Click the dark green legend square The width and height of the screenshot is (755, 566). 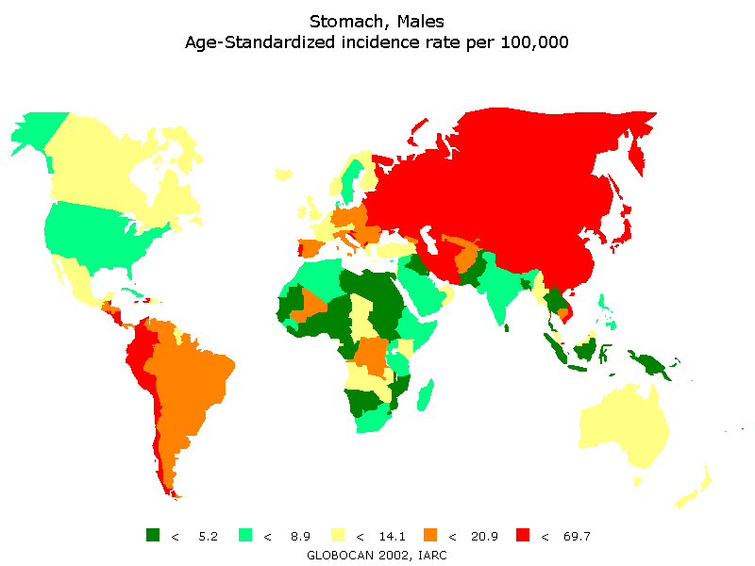[x=153, y=535]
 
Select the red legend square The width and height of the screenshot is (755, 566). [x=523, y=535]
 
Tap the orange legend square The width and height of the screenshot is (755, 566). [x=430, y=535]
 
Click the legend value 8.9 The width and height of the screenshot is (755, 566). [x=299, y=537]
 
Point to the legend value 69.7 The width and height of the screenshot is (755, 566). [x=576, y=537]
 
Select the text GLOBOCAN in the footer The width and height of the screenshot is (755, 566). [x=342, y=555]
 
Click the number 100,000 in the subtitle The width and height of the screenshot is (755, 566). [x=529, y=42]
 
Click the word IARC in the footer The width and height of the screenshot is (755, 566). [x=429, y=555]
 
